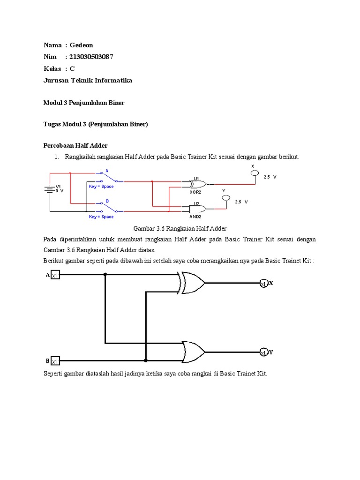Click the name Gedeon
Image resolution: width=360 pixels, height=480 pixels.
[x=82, y=45]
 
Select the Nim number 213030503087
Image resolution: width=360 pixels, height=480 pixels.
[x=91, y=57]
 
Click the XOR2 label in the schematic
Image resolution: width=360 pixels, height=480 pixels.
[x=195, y=192]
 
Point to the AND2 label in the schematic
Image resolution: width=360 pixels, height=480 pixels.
[x=195, y=217]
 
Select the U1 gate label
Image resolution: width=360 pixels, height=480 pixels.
[x=197, y=179]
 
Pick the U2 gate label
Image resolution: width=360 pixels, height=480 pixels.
[x=197, y=203]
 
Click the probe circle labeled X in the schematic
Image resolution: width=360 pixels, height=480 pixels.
[x=254, y=173]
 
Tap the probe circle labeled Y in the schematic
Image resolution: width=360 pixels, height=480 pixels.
[x=225, y=198]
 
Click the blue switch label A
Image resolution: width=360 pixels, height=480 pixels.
[x=107, y=171]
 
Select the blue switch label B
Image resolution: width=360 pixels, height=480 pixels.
[x=107, y=201]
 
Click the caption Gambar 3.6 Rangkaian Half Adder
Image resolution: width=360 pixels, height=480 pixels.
[x=180, y=228]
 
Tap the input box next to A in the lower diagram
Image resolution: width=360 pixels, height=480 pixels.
[x=55, y=275]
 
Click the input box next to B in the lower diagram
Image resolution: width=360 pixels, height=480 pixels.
[x=55, y=361]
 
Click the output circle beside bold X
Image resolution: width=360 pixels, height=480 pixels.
[x=263, y=283]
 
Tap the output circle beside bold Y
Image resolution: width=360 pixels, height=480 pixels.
[x=263, y=352]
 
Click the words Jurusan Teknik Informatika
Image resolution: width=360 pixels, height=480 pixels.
[x=88, y=80]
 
